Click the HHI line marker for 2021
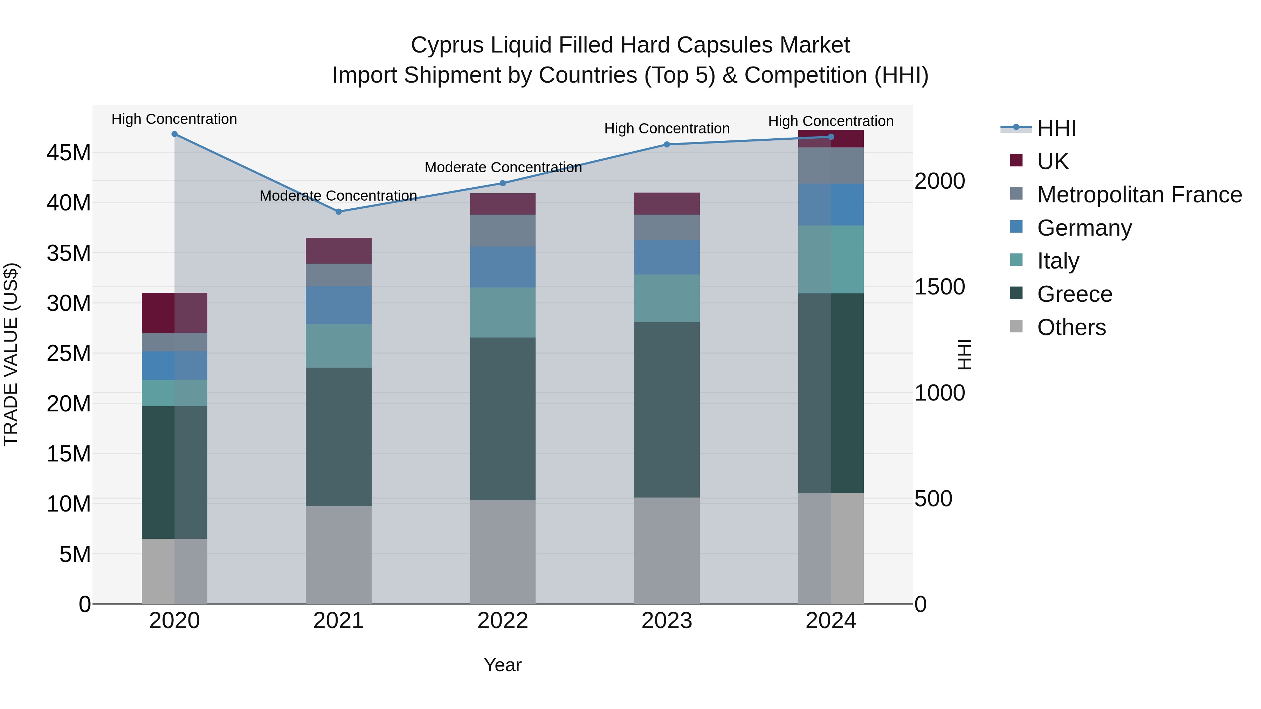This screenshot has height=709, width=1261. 338,212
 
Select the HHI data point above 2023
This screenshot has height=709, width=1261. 667,144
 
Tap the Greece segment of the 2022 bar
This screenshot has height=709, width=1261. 503,418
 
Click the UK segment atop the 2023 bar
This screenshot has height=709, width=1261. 667,203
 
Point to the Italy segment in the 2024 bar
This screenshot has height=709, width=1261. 831,259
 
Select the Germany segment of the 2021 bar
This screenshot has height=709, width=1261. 338,305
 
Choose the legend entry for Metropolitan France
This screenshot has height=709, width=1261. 1139,195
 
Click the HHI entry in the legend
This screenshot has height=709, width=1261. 1056,128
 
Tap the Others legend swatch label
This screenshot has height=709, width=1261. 1071,327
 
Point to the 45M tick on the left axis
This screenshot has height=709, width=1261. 69,153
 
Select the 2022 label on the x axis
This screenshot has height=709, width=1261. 503,621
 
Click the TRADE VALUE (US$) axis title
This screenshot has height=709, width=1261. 11,354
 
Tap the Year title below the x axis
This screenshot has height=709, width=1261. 503,665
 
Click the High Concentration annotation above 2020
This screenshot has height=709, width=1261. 174,119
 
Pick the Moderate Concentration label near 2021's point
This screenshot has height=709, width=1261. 338,196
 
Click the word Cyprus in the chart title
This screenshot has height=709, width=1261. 447,45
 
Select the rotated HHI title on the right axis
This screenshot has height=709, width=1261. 964,354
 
